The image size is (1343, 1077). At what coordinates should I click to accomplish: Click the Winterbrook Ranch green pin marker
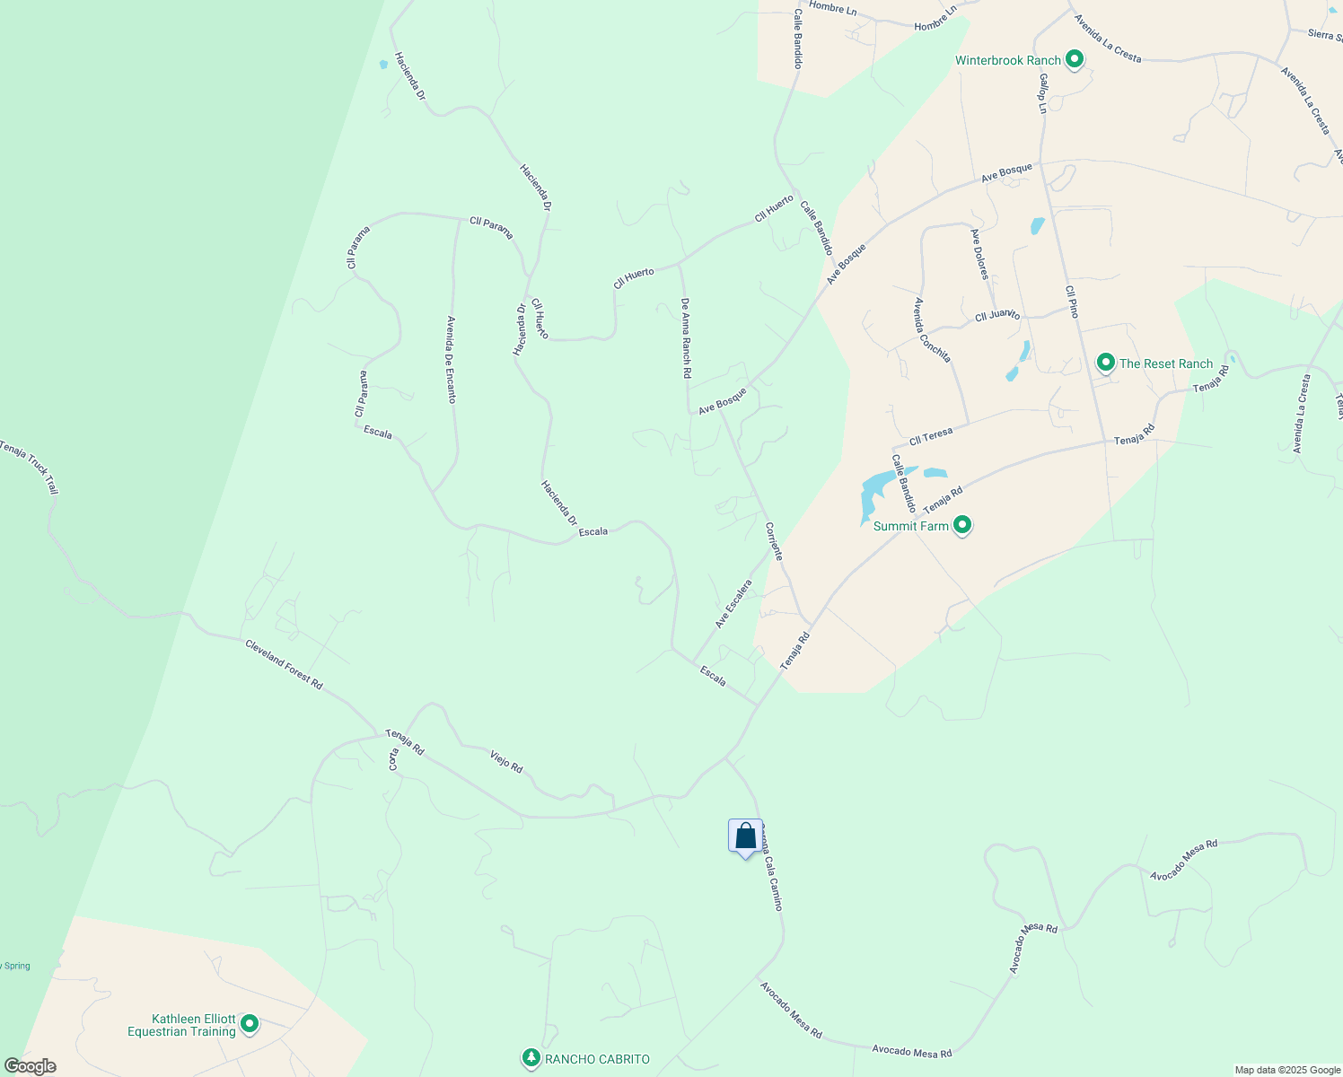click(1074, 60)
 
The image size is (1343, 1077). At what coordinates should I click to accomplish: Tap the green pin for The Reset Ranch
click(1106, 363)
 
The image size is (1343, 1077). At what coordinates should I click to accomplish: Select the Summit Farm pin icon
click(962, 525)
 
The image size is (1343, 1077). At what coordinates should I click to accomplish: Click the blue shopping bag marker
click(745, 837)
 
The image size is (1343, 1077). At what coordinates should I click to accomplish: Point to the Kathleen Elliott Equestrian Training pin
click(250, 1024)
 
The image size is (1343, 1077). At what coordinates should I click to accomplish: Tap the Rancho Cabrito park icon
click(531, 1059)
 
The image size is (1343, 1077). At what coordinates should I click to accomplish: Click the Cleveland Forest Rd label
click(284, 664)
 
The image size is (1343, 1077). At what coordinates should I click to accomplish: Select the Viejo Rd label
click(506, 761)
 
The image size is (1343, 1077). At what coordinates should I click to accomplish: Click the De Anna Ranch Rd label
click(686, 337)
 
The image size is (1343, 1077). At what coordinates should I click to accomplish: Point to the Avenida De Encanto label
click(452, 359)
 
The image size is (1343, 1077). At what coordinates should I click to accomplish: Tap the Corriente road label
click(775, 541)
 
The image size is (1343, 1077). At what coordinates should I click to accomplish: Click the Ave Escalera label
click(733, 604)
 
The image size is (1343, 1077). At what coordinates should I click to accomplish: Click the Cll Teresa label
click(930, 437)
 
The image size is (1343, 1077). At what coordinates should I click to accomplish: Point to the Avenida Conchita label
click(932, 329)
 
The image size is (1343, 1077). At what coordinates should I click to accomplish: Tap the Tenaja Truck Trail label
click(29, 468)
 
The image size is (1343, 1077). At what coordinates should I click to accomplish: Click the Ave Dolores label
click(979, 254)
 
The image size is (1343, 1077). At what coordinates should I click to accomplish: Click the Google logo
click(30, 1066)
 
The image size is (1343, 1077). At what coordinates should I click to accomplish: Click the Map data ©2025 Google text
click(1286, 1070)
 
